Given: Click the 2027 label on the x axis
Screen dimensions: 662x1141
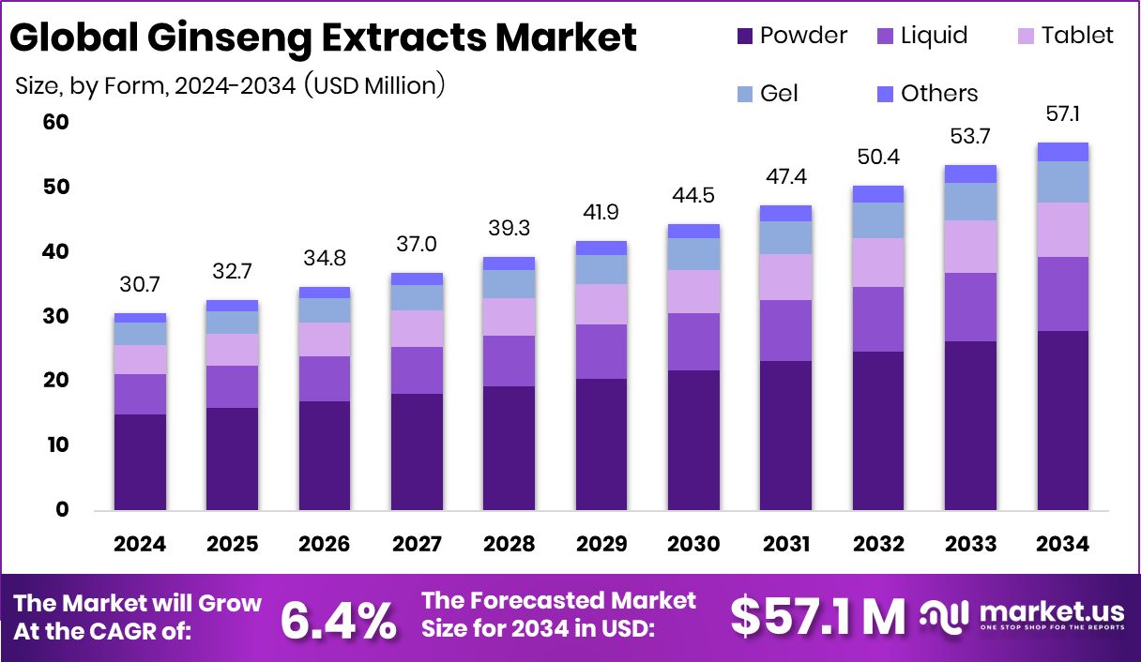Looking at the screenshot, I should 416,545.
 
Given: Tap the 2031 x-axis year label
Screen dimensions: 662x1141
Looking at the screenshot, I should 784,545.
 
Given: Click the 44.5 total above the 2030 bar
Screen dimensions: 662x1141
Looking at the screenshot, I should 692,195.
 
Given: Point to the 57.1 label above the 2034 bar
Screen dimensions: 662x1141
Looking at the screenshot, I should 1062,114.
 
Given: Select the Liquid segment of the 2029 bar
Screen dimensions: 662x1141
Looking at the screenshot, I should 601,352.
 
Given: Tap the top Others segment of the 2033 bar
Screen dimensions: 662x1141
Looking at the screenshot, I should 970,173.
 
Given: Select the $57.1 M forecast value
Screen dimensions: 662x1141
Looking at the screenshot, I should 818,616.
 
